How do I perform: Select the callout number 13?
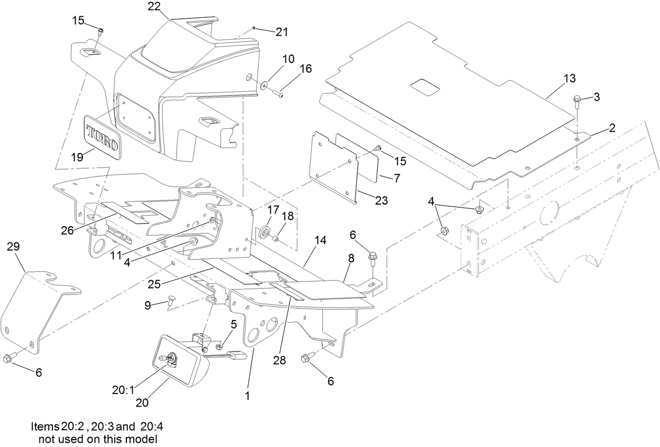click(x=570, y=79)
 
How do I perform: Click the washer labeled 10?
click(x=263, y=84)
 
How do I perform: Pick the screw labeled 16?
click(x=278, y=94)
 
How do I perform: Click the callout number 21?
click(x=282, y=32)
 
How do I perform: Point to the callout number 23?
click(x=381, y=200)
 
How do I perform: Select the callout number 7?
click(x=397, y=178)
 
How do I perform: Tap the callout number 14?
click(x=321, y=240)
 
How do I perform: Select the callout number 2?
click(x=612, y=127)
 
